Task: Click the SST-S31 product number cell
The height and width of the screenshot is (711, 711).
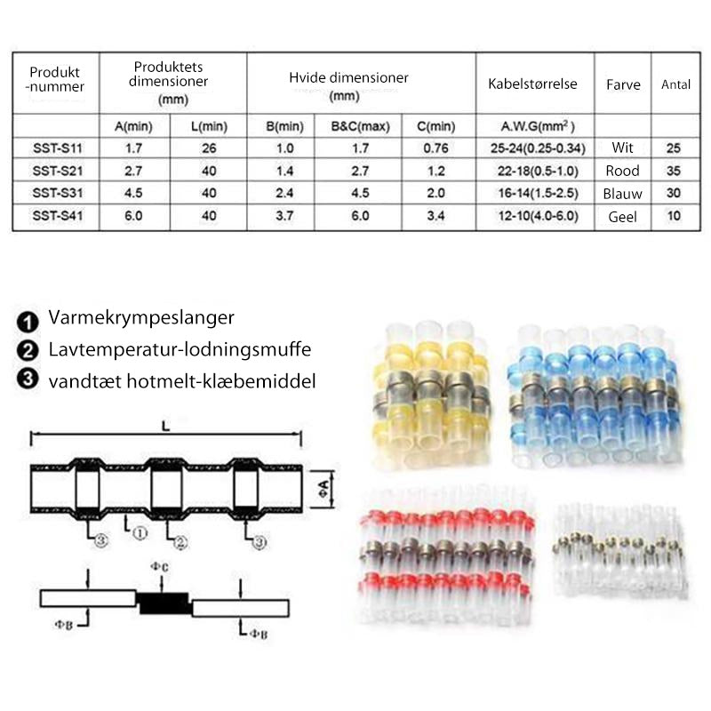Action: [x=58, y=193]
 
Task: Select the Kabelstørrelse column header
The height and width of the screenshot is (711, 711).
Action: [x=532, y=84]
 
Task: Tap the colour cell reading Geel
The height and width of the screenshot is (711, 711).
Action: [x=623, y=217]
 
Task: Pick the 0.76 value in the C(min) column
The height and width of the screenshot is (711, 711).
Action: [x=435, y=148]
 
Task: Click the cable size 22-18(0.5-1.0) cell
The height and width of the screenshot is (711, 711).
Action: [x=539, y=171]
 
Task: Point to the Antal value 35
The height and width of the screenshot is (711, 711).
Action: [x=674, y=171]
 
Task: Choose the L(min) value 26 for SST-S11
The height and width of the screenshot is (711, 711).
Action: [x=209, y=148]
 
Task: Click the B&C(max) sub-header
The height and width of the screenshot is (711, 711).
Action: [x=360, y=126]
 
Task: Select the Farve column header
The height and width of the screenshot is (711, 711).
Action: [x=623, y=84]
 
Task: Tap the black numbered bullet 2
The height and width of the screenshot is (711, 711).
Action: [x=28, y=350]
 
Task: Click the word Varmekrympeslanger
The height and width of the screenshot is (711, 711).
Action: [x=141, y=318]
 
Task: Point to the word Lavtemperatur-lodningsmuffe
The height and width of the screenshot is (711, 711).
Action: [x=180, y=349]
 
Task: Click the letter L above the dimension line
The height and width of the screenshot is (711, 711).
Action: [x=166, y=427]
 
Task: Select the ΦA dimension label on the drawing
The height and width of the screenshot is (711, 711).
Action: [x=324, y=489]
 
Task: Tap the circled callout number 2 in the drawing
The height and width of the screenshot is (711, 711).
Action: [x=180, y=542]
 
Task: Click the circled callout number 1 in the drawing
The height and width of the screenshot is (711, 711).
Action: [x=140, y=533]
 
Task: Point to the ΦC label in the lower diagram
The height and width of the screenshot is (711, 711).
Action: [x=159, y=567]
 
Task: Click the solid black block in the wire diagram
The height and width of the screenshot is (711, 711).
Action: [x=164, y=603]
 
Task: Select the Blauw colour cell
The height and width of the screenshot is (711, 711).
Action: [x=623, y=194]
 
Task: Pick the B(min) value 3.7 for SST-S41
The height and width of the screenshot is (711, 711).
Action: [x=284, y=216]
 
